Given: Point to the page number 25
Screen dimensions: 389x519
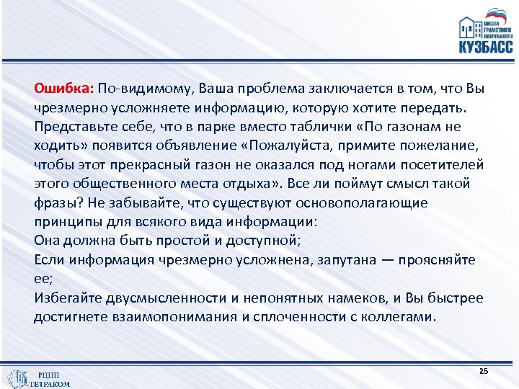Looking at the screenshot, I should coord(483,370).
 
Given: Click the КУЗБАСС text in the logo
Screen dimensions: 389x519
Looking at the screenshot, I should coord(486,48).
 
